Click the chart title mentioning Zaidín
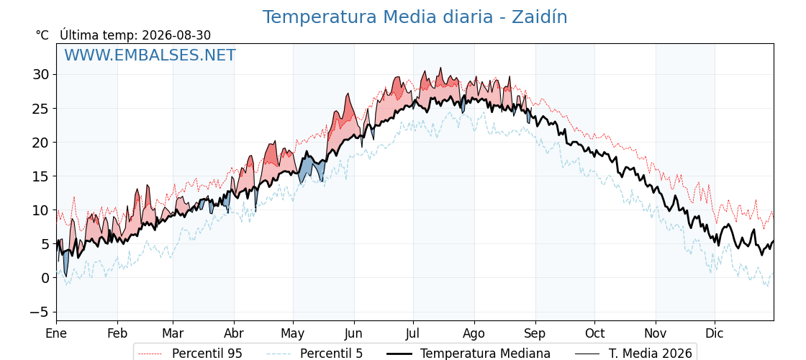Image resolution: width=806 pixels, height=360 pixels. [x=415, y=17]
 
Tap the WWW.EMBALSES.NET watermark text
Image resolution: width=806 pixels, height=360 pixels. [x=150, y=55]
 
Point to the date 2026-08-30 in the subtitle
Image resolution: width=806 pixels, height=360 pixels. [x=176, y=35]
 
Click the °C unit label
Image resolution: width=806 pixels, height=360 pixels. [x=42, y=35]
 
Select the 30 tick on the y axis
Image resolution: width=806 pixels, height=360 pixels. [x=40, y=75]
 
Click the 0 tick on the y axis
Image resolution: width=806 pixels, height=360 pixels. [x=45, y=278]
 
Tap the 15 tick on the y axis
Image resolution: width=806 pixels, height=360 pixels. [x=40, y=176]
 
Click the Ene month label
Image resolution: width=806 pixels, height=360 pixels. [x=56, y=333]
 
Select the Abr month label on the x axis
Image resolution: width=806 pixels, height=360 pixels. [x=234, y=333]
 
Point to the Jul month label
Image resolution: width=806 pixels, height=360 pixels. [x=413, y=333]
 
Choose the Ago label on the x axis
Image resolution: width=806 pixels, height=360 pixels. [x=474, y=334]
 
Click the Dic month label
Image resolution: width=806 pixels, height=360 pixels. [x=715, y=333]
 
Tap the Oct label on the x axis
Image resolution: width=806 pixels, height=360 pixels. [x=594, y=333]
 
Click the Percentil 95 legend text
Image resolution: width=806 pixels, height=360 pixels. [x=207, y=354]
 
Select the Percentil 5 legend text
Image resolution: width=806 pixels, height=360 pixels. [x=332, y=354]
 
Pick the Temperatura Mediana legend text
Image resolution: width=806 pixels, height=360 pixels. [x=485, y=354]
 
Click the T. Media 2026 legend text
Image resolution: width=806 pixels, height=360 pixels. [x=651, y=354]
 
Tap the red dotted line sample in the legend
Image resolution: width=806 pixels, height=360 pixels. [x=150, y=354]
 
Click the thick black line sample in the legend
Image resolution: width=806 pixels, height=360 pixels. [x=399, y=354]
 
